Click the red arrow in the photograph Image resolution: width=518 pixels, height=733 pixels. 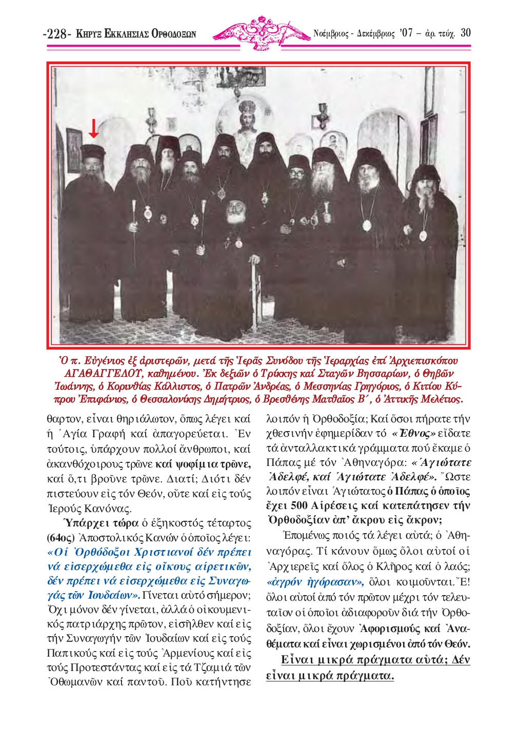tap(93, 128)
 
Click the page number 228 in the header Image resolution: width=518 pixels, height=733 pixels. tap(57, 34)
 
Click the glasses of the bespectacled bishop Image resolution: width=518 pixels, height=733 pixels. tap(296, 173)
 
